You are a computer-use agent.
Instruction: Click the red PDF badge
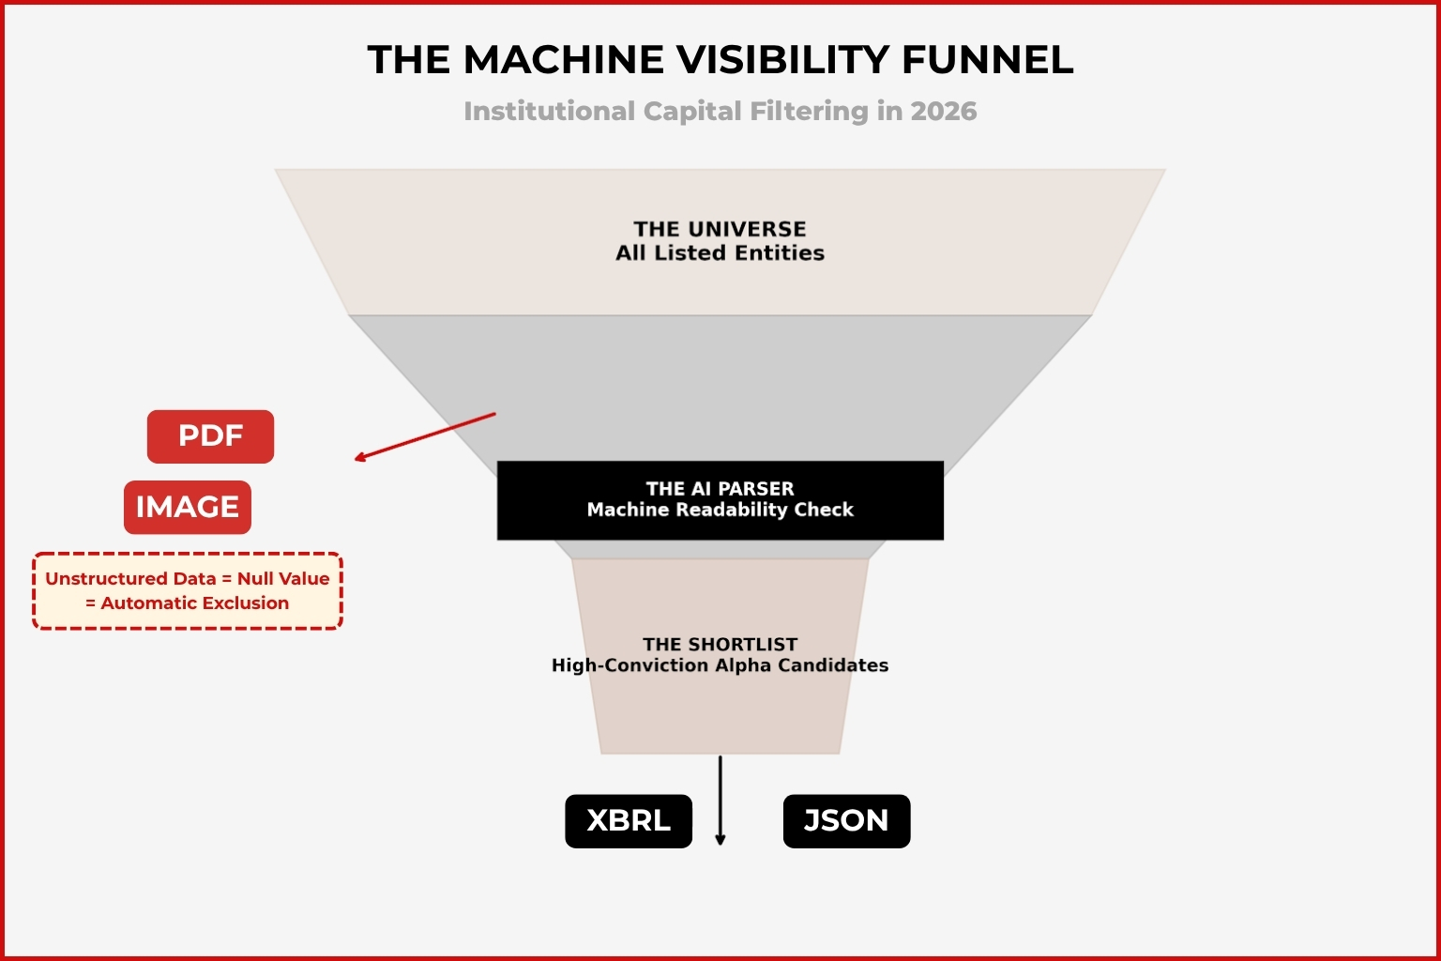tap(210, 436)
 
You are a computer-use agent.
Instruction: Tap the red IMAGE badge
tap(188, 508)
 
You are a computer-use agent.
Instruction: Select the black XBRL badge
tap(629, 821)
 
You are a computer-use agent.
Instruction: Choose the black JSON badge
tap(846, 821)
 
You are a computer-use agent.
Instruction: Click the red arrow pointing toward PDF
tap(424, 436)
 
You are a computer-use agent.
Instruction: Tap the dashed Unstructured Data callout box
tap(188, 591)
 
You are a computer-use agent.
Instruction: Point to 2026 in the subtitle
tap(943, 112)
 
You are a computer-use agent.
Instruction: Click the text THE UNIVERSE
tap(720, 229)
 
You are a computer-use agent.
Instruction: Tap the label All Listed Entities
tap(720, 253)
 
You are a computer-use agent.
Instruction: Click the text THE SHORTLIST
tap(720, 645)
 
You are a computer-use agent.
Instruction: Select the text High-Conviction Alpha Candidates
tap(720, 665)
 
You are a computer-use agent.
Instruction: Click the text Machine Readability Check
tap(720, 510)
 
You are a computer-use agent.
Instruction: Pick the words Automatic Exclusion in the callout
tap(195, 603)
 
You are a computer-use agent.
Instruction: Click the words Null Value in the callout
tap(283, 579)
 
